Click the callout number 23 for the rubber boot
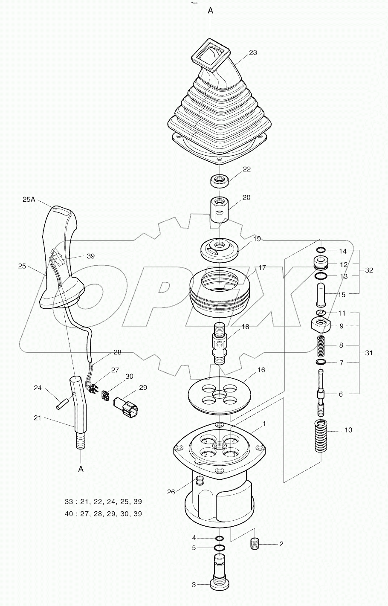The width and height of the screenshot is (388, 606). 253,52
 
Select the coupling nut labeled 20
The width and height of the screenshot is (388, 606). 219,209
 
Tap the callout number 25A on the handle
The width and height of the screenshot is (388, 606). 29,199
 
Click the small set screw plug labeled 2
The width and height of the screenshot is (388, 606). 255,544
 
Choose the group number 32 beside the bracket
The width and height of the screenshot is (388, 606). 369,270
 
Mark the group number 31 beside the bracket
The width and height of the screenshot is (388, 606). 369,353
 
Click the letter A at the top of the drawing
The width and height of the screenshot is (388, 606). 210,11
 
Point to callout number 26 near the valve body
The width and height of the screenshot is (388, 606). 171,492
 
